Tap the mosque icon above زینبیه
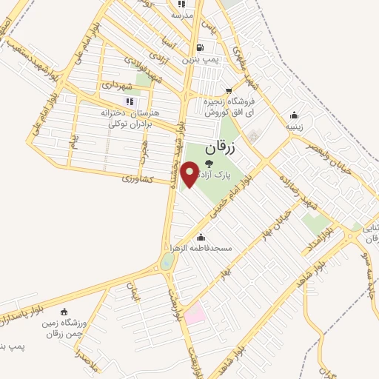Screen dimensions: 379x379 (295, 115)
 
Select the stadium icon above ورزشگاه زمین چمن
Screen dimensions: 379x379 (64, 312)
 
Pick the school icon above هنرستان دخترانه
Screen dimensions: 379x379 (130, 101)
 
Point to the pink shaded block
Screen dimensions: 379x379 (194, 314)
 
